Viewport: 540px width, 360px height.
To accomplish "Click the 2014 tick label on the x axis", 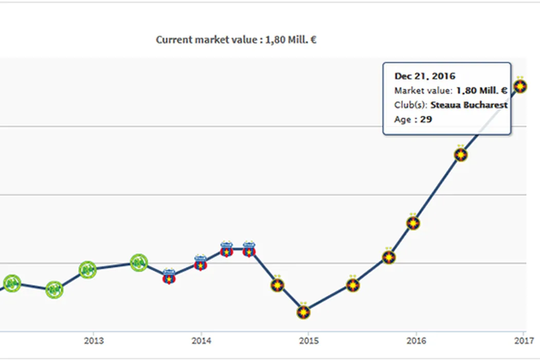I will click(x=201, y=340).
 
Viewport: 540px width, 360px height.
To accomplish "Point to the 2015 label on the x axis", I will click(x=308, y=340).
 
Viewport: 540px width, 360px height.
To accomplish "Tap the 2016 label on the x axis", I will click(x=416, y=340).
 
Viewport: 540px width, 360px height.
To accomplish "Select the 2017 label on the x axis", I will click(x=523, y=340).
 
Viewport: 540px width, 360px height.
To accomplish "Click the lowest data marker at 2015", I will click(x=304, y=311).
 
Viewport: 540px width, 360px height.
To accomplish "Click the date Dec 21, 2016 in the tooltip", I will click(x=425, y=76).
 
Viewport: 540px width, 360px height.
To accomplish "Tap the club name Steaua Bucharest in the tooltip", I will click(x=469, y=105).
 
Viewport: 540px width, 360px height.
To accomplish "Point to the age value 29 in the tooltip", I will click(x=426, y=119).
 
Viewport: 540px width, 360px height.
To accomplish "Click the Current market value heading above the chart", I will click(x=236, y=40).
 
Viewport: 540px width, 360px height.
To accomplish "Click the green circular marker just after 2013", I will click(x=138, y=263).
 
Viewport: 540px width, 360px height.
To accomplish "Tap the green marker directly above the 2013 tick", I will click(x=88, y=269).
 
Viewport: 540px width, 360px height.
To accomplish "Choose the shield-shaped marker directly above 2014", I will click(x=201, y=264).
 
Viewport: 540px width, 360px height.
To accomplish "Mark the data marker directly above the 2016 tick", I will click(x=412, y=223).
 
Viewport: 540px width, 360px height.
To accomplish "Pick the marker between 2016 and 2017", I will click(x=461, y=154).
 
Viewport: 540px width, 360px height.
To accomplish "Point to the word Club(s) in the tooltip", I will click(x=410, y=105).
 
